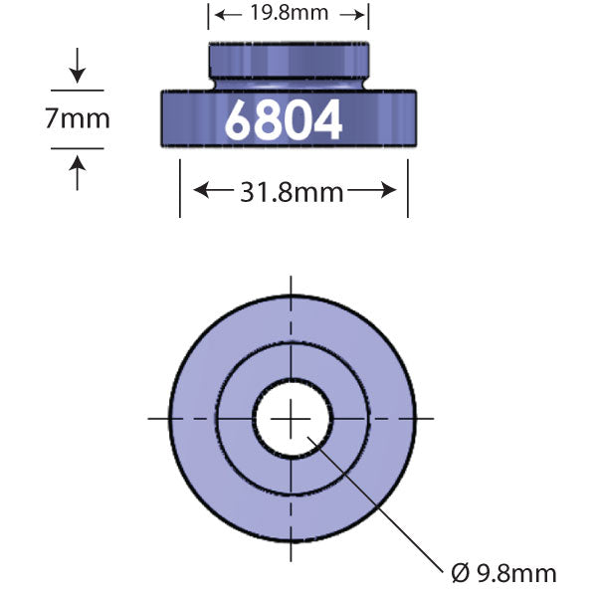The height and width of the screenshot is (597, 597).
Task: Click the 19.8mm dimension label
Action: click(289, 14)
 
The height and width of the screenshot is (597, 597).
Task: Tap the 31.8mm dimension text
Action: click(293, 191)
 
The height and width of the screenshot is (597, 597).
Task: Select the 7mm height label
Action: click(77, 119)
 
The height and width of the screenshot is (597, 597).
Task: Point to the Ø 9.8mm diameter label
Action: click(503, 573)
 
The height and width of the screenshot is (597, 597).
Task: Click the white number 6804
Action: click(284, 119)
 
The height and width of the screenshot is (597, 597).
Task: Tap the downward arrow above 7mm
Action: click(78, 72)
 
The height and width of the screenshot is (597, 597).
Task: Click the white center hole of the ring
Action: click(292, 419)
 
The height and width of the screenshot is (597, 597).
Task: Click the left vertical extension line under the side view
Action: click(180, 189)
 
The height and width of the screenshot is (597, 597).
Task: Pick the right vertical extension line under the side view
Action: click(407, 189)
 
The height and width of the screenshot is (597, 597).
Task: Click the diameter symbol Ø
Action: click(460, 573)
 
